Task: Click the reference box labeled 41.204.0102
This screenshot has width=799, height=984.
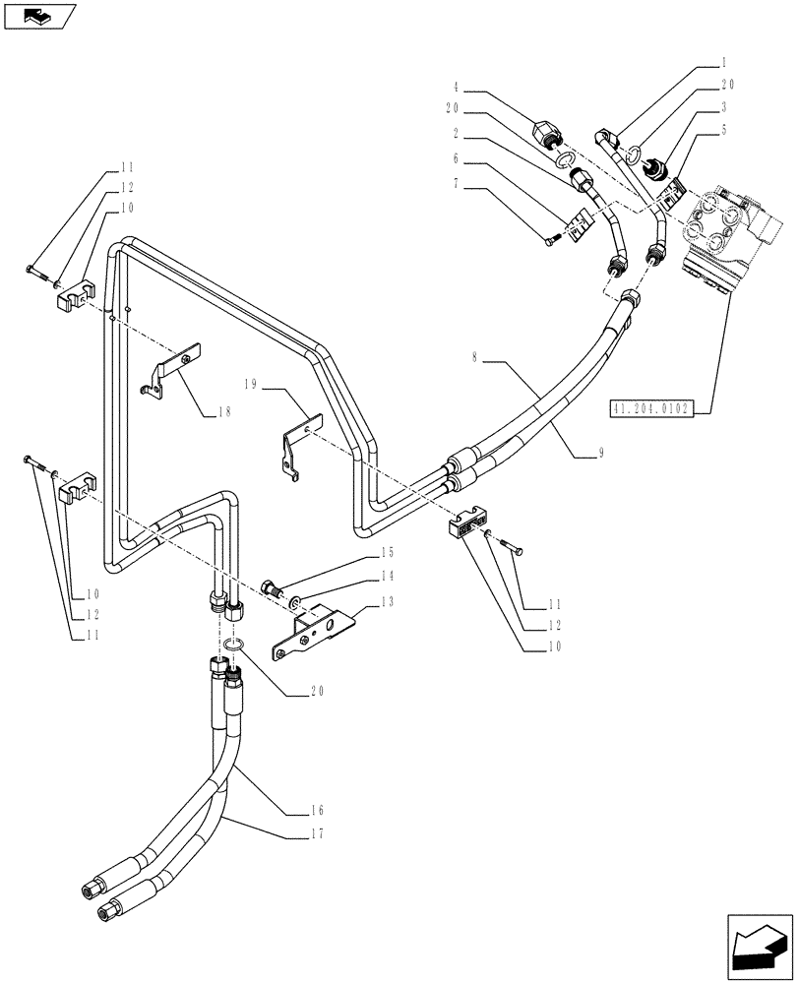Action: (652, 408)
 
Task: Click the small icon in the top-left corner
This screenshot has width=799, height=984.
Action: (39, 15)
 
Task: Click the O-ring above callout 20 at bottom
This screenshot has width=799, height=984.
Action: (232, 645)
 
